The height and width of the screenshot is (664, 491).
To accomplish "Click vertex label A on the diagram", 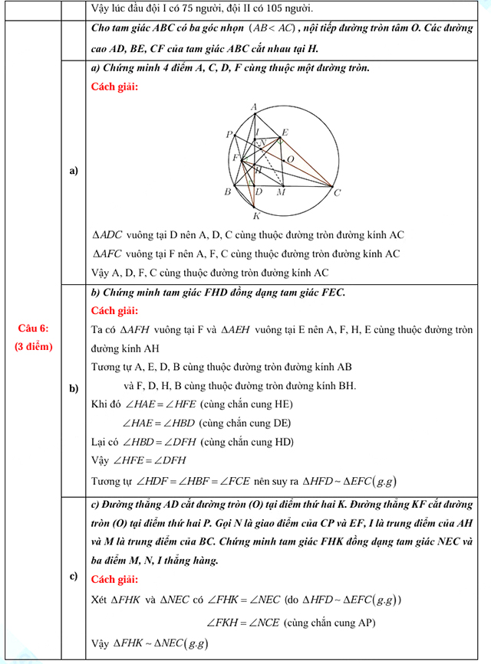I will click(254, 107).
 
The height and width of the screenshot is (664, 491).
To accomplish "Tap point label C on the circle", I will click(337, 193).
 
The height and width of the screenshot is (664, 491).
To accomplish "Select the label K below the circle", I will click(255, 216).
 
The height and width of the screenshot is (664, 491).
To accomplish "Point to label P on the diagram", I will click(229, 135).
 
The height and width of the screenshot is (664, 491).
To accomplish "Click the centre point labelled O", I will click(290, 159).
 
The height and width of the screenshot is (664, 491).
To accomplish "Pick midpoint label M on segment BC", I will click(281, 192).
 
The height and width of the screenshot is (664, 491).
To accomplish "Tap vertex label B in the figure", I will click(227, 191).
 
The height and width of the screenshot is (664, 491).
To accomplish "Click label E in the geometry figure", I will click(285, 132).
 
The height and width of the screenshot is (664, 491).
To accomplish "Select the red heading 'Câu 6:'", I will click(33, 328).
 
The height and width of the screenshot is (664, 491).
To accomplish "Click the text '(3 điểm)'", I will click(33, 346).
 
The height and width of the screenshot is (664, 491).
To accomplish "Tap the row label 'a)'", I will click(74, 171).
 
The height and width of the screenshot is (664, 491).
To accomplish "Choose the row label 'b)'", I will click(74, 388).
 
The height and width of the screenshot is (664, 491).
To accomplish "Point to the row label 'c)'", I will click(74, 577).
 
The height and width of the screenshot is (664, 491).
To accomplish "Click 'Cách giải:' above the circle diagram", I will click(114, 86).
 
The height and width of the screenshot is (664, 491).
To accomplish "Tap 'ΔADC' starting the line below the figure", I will click(107, 235).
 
